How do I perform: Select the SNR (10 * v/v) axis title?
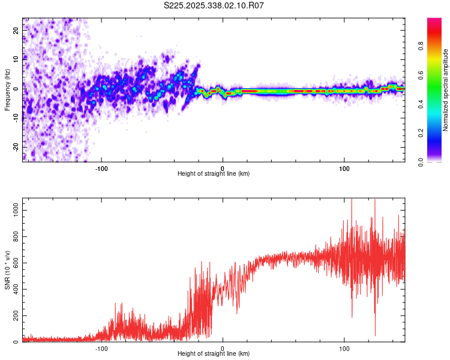tap(7, 271)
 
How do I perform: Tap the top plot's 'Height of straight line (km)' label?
tap(214, 173)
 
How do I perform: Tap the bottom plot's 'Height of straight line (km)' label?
tap(214, 353)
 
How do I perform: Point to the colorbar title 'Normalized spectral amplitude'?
tap(445, 90)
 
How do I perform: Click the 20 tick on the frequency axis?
tap(16, 29)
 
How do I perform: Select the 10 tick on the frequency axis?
tap(16, 59)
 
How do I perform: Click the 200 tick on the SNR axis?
tap(14, 316)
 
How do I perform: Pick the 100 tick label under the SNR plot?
tap(344, 347)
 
